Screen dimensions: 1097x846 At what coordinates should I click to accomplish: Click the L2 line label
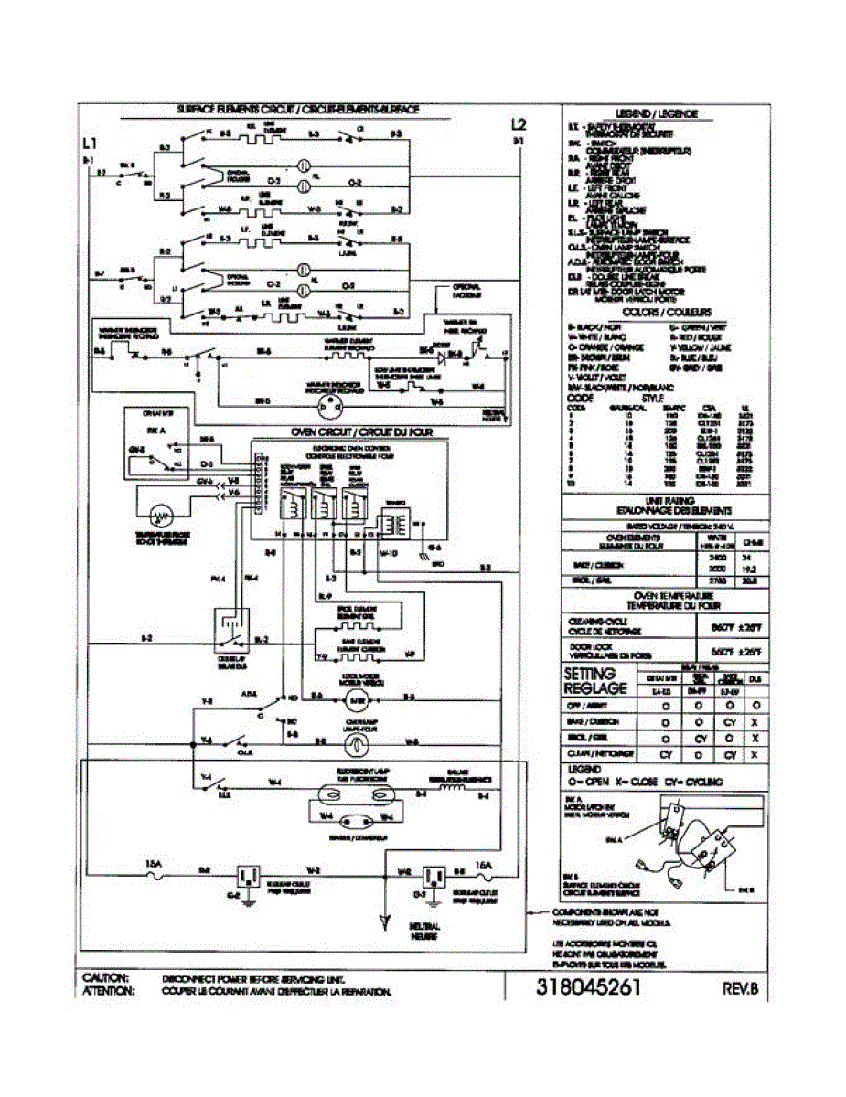tap(519, 124)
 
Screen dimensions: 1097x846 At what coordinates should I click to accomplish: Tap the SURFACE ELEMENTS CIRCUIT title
tap(299, 109)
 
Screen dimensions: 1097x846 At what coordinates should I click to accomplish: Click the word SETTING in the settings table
tap(595, 674)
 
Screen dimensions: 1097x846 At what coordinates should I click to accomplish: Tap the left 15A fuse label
tap(154, 862)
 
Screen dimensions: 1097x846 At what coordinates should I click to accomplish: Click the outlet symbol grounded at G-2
tap(249, 877)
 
